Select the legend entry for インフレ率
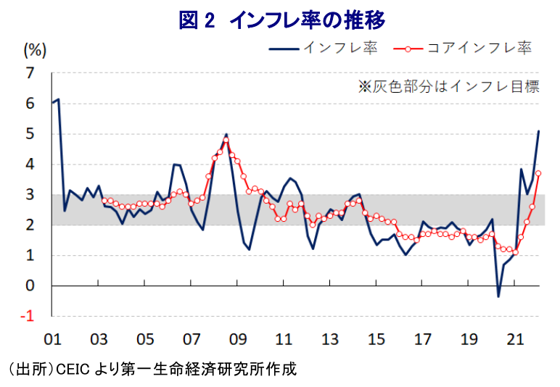(324, 49)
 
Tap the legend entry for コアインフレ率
(463, 49)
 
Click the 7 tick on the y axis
(30, 73)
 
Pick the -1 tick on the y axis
(28, 317)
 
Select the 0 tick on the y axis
(30, 286)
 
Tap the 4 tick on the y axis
(30, 165)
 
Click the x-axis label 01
(52, 339)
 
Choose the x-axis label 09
(238, 339)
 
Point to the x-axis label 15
(376, 339)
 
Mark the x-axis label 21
(515, 339)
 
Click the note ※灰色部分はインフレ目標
(448, 87)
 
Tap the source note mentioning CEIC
(152, 369)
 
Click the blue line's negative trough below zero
(498, 296)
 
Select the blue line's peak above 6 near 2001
(58, 99)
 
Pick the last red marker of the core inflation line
(538, 173)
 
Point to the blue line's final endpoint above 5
(538, 131)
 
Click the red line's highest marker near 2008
(226, 140)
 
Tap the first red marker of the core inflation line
(104, 201)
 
